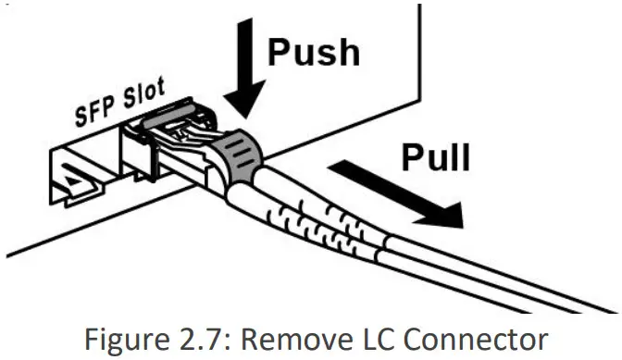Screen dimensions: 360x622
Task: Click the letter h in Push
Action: tap(348, 50)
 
